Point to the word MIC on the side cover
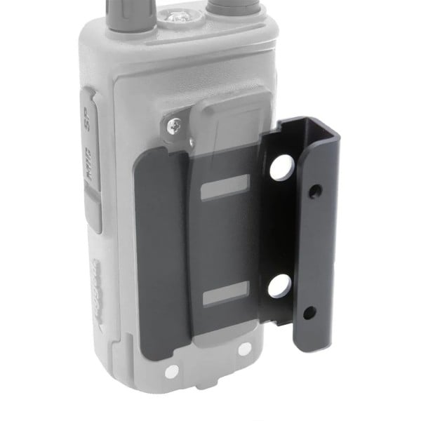tap(91, 168)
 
